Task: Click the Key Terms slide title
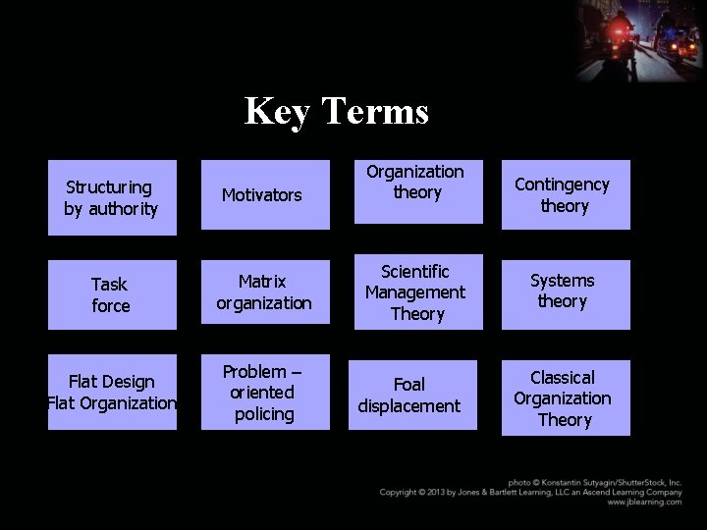336,111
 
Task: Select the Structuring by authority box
112,197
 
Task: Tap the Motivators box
265,195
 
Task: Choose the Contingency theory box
565,195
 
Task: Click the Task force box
112,294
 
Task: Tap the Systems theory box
565,291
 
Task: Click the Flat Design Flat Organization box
112,392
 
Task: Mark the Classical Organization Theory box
565,397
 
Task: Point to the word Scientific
415,271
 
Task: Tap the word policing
264,414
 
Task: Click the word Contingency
562,185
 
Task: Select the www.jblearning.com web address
644,502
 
